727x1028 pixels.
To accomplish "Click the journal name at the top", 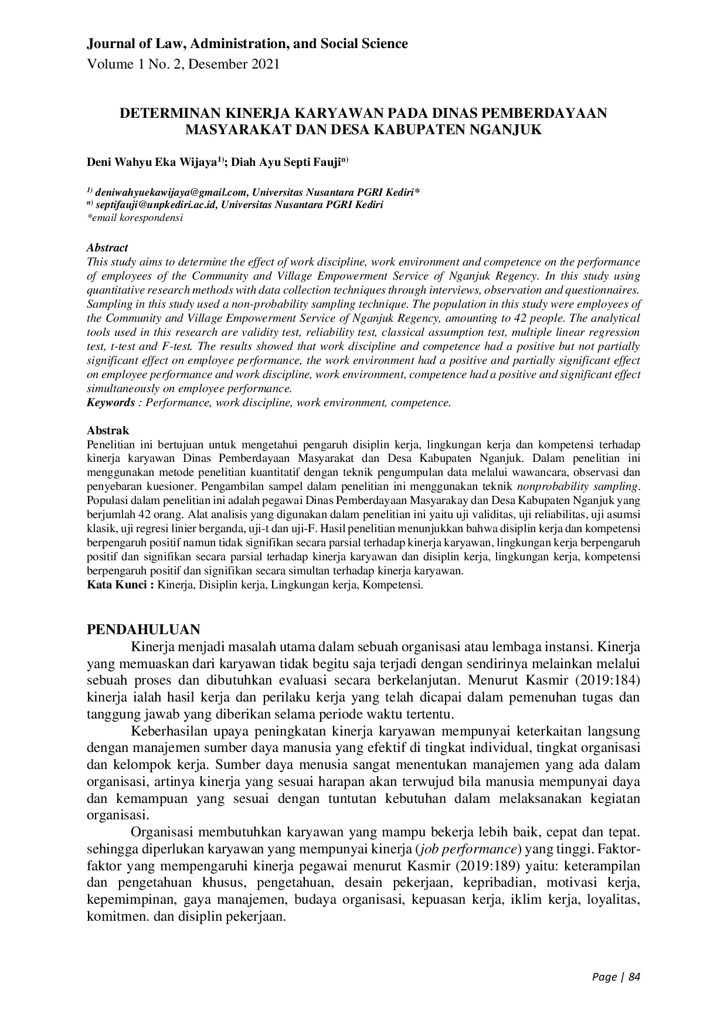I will click(x=247, y=43).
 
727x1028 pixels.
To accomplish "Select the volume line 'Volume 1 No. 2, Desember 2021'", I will click(x=183, y=64).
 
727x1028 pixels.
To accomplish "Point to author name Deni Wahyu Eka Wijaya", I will click(x=152, y=162).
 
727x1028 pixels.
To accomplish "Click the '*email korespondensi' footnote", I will click(x=135, y=217).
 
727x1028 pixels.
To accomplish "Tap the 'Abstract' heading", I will click(x=107, y=248).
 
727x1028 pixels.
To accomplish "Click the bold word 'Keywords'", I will click(x=111, y=403).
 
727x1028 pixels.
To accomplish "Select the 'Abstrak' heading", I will click(x=108, y=431).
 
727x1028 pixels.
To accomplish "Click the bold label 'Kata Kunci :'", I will click(x=120, y=585).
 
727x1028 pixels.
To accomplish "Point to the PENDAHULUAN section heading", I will click(x=143, y=629).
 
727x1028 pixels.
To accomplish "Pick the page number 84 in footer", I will click(x=634, y=976).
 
